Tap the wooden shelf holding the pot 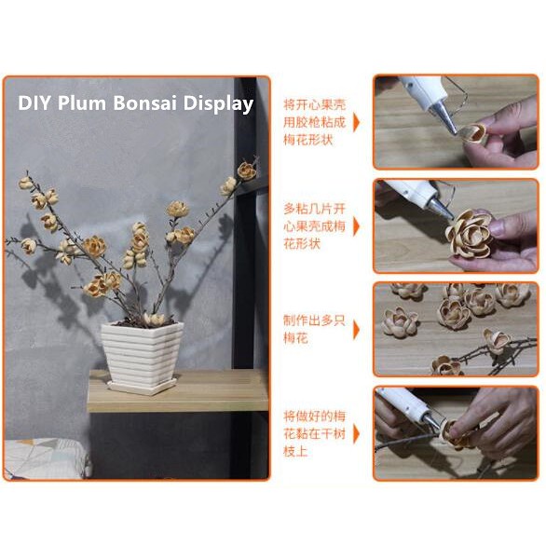(x=177, y=392)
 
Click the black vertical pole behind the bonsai (x=244, y=280)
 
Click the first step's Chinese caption (x=314, y=121)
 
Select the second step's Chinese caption (x=314, y=225)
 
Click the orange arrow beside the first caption (x=357, y=121)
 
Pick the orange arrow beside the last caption (x=357, y=432)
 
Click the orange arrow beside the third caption (x=357, y=328)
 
